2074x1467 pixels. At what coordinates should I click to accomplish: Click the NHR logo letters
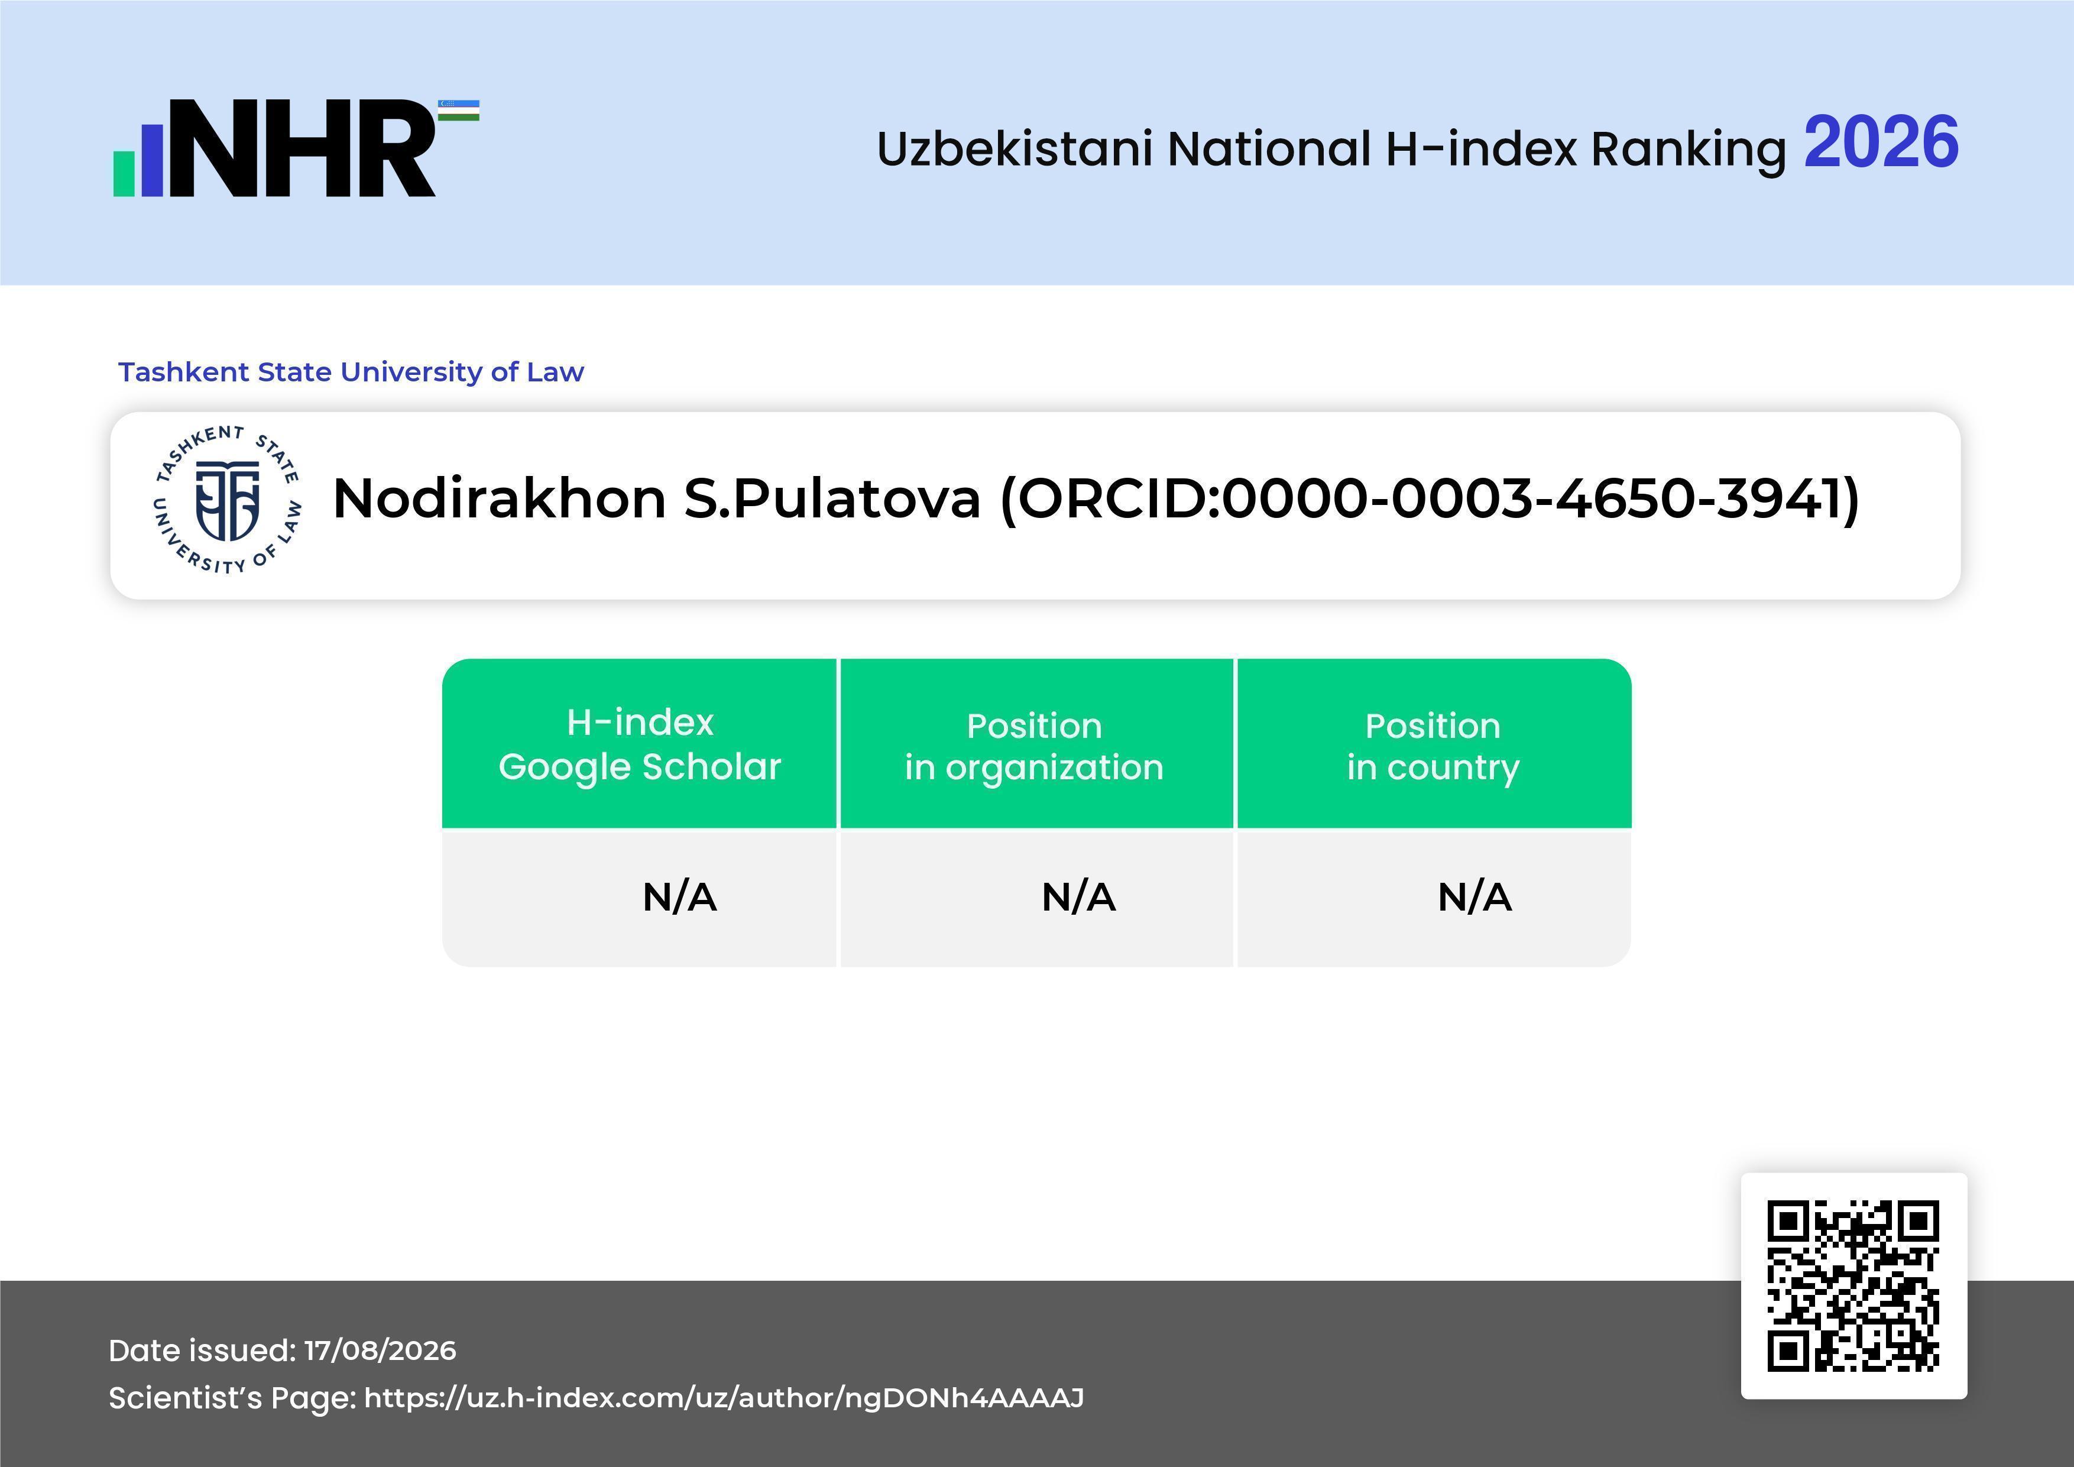coord(303,148)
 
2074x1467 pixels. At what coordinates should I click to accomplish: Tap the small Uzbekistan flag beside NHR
coord(459,110)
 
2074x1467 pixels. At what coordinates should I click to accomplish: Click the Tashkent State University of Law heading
coord(351,372)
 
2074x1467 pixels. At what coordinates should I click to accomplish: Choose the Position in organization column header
coord(1034,746)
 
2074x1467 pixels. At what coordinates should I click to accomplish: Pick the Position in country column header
coord(1433,746)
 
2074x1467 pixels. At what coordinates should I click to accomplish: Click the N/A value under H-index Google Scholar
coord(679,897)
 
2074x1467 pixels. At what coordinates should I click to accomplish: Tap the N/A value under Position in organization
coord(1078,897)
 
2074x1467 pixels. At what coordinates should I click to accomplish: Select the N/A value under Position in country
coord(1474,897)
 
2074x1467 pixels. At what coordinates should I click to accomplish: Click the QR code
coord(1853,1285)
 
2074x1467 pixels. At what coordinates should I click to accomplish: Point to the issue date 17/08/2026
coord(380,1351)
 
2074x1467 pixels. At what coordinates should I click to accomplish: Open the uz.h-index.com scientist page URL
coord(724,1397)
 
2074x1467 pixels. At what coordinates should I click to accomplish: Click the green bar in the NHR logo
coord(124,173)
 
